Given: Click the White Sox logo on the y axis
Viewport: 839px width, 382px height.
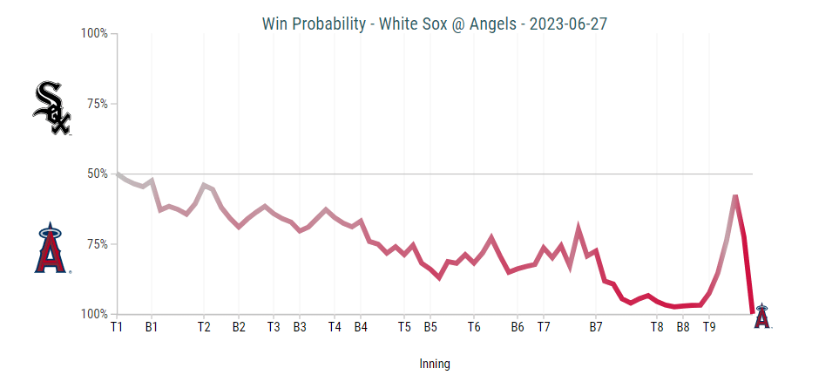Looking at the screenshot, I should [x=51, y=108].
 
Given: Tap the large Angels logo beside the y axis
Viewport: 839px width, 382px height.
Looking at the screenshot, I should [x=51, y=249].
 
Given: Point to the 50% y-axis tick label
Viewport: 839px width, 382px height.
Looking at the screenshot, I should [x=96, y=174].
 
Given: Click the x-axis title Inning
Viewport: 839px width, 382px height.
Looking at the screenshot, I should [x=434, y=364].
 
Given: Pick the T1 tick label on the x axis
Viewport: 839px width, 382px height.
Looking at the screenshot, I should [x=117, y=328].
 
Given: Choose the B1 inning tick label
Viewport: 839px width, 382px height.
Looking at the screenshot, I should [x=152, y=328].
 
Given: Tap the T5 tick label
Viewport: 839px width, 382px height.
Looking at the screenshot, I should [x=404, y=328].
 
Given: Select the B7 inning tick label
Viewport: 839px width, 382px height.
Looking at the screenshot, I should [x=596, y=328].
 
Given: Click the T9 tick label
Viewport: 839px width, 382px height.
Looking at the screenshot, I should [x=709, y=328].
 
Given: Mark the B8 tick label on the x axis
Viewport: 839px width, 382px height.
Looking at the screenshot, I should [x=683, y=328].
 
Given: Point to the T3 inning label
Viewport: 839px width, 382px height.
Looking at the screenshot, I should [x=274, y=328].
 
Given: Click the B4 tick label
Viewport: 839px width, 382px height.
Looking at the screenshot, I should [x=361, y=328].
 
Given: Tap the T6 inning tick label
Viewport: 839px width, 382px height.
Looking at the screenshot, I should [x=474, y=328].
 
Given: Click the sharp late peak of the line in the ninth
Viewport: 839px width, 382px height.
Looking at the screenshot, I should [x=735, y=197].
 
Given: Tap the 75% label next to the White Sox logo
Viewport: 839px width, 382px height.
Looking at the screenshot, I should [x=96, y=104].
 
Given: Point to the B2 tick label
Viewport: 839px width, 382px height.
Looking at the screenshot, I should [x=239, y=328].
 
